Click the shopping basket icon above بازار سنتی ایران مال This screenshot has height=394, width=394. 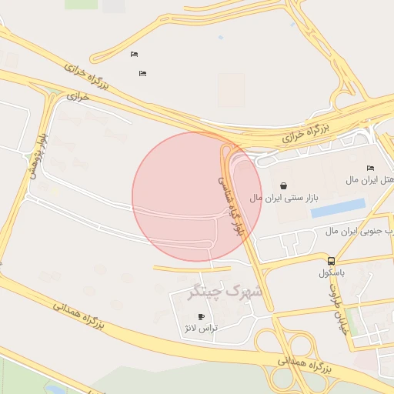(x=284, y=185)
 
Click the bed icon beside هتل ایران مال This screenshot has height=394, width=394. (x=370, y=168)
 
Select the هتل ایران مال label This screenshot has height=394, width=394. (x=370, y=179)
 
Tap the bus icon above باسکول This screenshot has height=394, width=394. (x=332, y=261)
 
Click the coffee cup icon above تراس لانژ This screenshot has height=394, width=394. (x=202, y=316)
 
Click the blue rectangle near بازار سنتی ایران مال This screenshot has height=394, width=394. (x=338, y=208)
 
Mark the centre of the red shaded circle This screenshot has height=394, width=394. (x=197, y=197)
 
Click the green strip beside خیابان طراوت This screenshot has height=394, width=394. (x=351, y=320)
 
